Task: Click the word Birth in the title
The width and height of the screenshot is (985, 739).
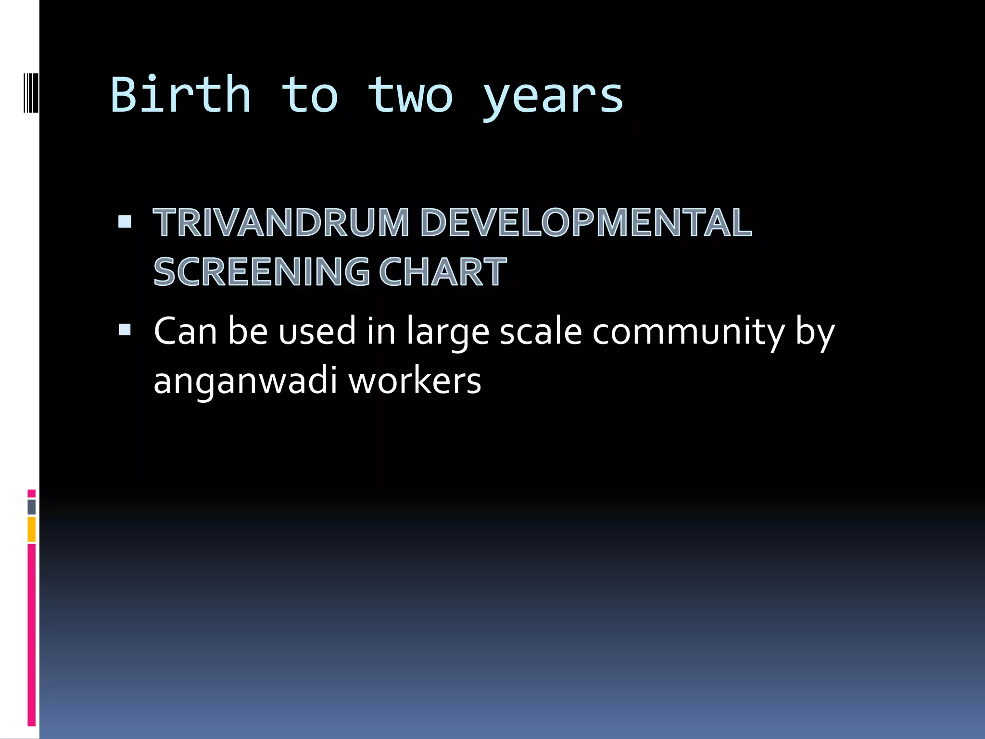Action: click(x=180, y=95)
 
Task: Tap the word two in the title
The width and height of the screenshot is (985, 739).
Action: click(x=410, y=95)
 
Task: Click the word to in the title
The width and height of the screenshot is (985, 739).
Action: click(x=309, y=95)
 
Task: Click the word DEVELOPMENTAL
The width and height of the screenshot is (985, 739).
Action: click(x=586, y=223)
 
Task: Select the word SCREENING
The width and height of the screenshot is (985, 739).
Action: click(x=261, y=272)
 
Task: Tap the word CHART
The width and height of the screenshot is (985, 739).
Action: click(x=442, y=272)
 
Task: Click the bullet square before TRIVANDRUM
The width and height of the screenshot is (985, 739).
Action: click(x=125, y=221)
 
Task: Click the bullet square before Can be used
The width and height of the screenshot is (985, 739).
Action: click(x=125, y=330)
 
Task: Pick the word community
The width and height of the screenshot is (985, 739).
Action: click(x=688, y=332)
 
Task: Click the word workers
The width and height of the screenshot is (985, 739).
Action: click(x=414, y=382)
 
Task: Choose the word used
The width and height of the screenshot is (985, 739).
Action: click(x=317, y=332)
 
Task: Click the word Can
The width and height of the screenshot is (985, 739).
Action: click(x=185, y=332)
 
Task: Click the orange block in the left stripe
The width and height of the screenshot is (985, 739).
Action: click(x=32, y=529)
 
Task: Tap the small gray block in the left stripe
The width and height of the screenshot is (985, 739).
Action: click(x=32, y=507)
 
